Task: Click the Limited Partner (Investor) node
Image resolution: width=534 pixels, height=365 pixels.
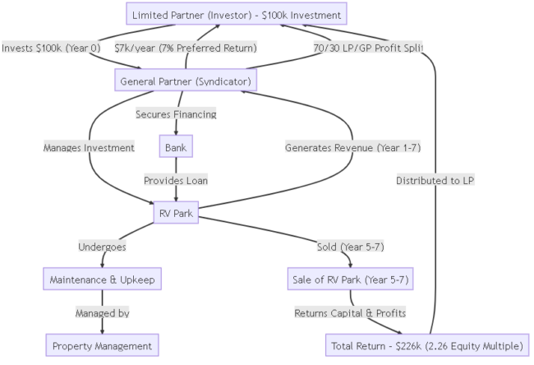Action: [237, 16]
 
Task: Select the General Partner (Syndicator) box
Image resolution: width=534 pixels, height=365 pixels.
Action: [186, 81]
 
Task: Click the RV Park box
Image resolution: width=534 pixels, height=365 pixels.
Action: [176, 213]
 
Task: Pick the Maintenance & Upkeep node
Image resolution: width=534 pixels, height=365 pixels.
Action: [102, 280]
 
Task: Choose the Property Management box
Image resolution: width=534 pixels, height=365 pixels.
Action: [102, 345]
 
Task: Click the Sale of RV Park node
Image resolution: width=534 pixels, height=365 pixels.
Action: [350, 280]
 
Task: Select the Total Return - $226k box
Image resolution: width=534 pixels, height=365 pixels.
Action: [427, 345]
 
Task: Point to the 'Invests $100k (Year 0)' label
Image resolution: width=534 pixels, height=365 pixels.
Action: [51, 48]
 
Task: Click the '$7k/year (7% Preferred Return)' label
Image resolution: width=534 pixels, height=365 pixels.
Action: [185, 48]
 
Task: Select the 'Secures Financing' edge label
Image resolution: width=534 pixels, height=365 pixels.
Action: [176, 114]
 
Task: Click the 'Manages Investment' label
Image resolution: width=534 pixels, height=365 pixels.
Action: [89, 147]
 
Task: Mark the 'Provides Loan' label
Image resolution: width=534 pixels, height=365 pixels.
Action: [176, 179]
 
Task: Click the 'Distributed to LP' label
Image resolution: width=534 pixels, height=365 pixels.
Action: [435, 179]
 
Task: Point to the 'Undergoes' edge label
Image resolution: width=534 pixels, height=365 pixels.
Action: [102, 247]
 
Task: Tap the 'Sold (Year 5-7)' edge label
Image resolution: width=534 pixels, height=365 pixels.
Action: [350, 247]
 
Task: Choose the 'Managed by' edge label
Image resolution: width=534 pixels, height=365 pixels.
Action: [102, 313]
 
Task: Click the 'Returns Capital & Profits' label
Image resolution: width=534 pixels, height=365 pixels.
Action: [350, 313]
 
